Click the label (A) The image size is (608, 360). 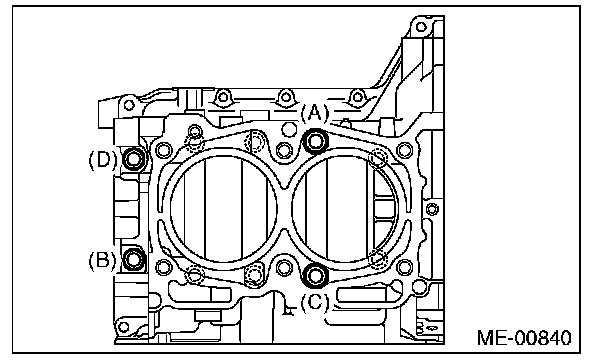314,114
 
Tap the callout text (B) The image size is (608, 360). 102,260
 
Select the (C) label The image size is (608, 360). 314,301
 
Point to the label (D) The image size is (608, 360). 103,159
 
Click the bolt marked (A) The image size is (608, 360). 315,141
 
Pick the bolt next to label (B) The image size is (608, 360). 134,259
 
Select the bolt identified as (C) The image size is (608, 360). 314,275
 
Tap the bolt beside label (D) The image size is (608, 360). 134,158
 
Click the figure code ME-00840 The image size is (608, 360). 524,338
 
